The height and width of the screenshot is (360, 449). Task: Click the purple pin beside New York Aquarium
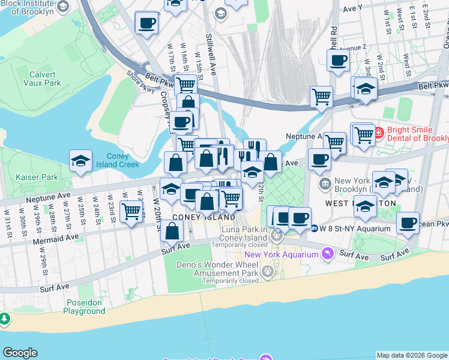(x=327, y=254)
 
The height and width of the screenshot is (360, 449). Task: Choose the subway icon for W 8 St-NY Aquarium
(x=315, y=228)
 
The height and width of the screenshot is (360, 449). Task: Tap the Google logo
(x=20, y=353)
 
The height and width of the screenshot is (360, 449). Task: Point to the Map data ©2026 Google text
(x=412, y=355)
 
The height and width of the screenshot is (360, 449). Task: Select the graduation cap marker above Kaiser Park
(x=80, y=161)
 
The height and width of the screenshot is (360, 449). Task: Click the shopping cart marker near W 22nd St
(x=131, y=211)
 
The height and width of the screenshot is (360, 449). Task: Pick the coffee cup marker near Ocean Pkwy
(x=408, y=223)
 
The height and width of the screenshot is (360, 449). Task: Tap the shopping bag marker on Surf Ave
(x=172, y=230)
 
